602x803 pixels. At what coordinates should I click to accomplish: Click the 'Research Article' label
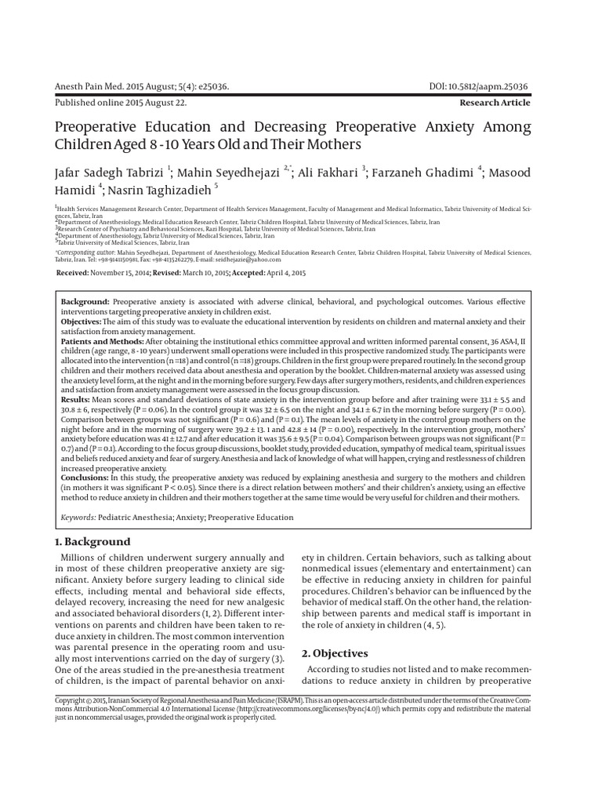(495, 103)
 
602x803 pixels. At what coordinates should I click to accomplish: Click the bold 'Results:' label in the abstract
(76, 400)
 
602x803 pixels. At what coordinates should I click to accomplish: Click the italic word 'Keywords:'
(78, 518)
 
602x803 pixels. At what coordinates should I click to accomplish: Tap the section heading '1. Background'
(92, 542)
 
